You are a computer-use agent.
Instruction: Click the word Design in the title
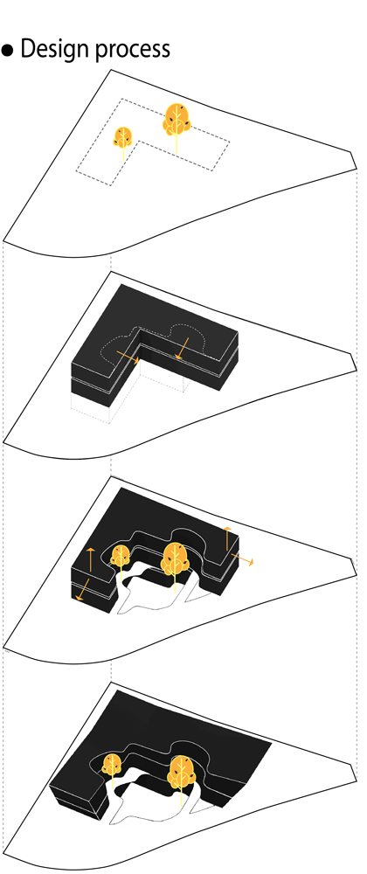pyautogui.click(x=54, y=50)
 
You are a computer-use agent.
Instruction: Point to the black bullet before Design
pyautogui.click(x=7, y=51)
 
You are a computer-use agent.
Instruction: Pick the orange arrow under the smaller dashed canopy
pyautogui.click(x=128, y=357)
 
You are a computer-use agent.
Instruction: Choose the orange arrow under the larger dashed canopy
pyautogui.click(x=182, y=349)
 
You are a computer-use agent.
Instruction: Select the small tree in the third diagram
pyautogui.click(x=121, y=563)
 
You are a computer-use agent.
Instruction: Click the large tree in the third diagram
pyautogui.click(x=176, y=563)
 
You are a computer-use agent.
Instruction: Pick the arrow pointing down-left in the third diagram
pyautogui.click(x=82, y=590)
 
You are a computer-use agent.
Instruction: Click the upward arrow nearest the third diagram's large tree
pyautogui.click(x=226, y=538)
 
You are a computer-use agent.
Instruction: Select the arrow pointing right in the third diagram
pyautogui.click(x=242, y=559)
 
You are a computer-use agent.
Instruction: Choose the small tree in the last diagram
pyautogui.click(x=113, y=769)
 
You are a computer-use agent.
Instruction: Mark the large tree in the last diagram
pyautogui.click(x=181, y=774)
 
